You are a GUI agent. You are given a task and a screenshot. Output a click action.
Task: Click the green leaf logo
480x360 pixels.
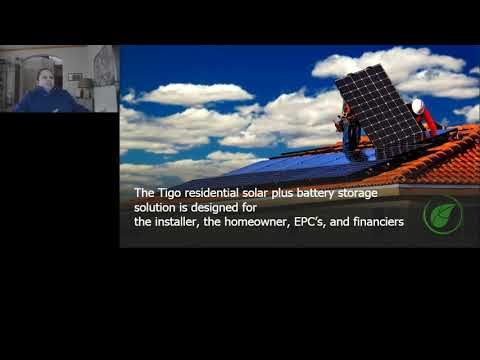pos(442,215)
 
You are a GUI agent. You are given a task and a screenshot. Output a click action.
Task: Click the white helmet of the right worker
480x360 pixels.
pos(418,105)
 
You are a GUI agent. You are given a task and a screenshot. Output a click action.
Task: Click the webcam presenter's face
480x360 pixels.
pos(44,78)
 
